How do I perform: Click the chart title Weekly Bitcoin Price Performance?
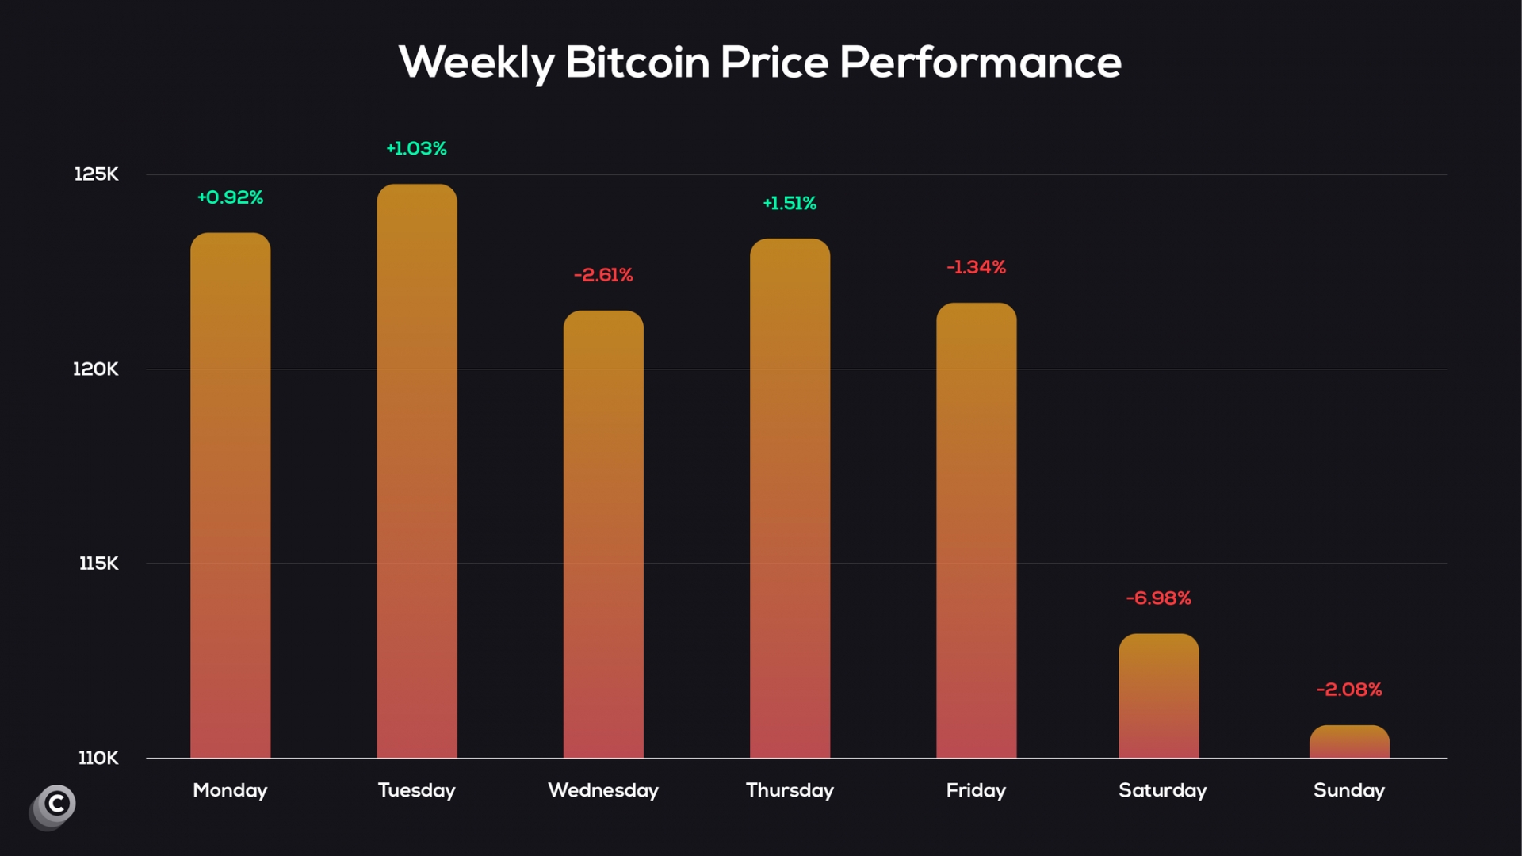(x=759, y=63)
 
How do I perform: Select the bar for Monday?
(x=230, y=495)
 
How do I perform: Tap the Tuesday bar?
(x=417, y=472)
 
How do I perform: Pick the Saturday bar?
(x=1158, y=696)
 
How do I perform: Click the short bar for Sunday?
(x=1349, y=743)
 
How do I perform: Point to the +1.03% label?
(x=416, y=149)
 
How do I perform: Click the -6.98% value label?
(x=1158, y=598)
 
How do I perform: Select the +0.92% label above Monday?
(x=230, y=197)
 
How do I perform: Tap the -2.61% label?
(x=603, y=275)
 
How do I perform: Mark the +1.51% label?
(x=790, y=204)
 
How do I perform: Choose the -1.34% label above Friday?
(x=976, y=268)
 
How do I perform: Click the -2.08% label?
(x=1349, y=690)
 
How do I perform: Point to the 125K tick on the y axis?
(x=96, y=174)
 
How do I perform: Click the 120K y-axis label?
(x=96, y=369)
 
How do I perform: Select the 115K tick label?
(x=98, y=564)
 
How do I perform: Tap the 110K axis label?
(x=98, y=759)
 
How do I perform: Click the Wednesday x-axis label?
(x=603, y=790)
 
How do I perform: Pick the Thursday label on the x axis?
(x=790, y=790)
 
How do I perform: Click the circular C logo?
(x=55, y=804)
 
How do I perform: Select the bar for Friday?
(x=976, y=531)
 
